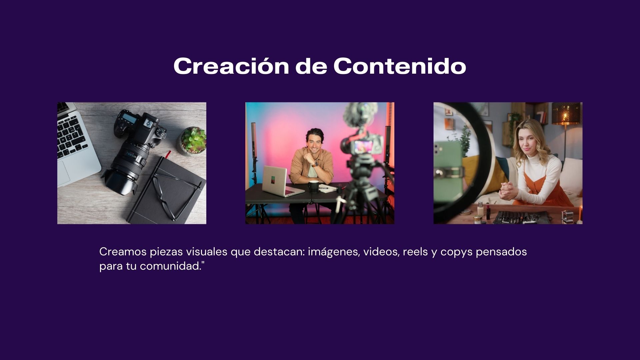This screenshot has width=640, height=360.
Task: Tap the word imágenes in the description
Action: click(x=334, y=252)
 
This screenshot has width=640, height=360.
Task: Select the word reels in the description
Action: click(x=415, y=252)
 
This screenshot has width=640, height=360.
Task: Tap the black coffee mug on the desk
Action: click(x=313, y=187)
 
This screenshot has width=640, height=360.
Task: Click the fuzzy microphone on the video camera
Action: click(x=361, y=114)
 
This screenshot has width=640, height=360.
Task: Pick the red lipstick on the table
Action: click(x=488, y=212)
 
